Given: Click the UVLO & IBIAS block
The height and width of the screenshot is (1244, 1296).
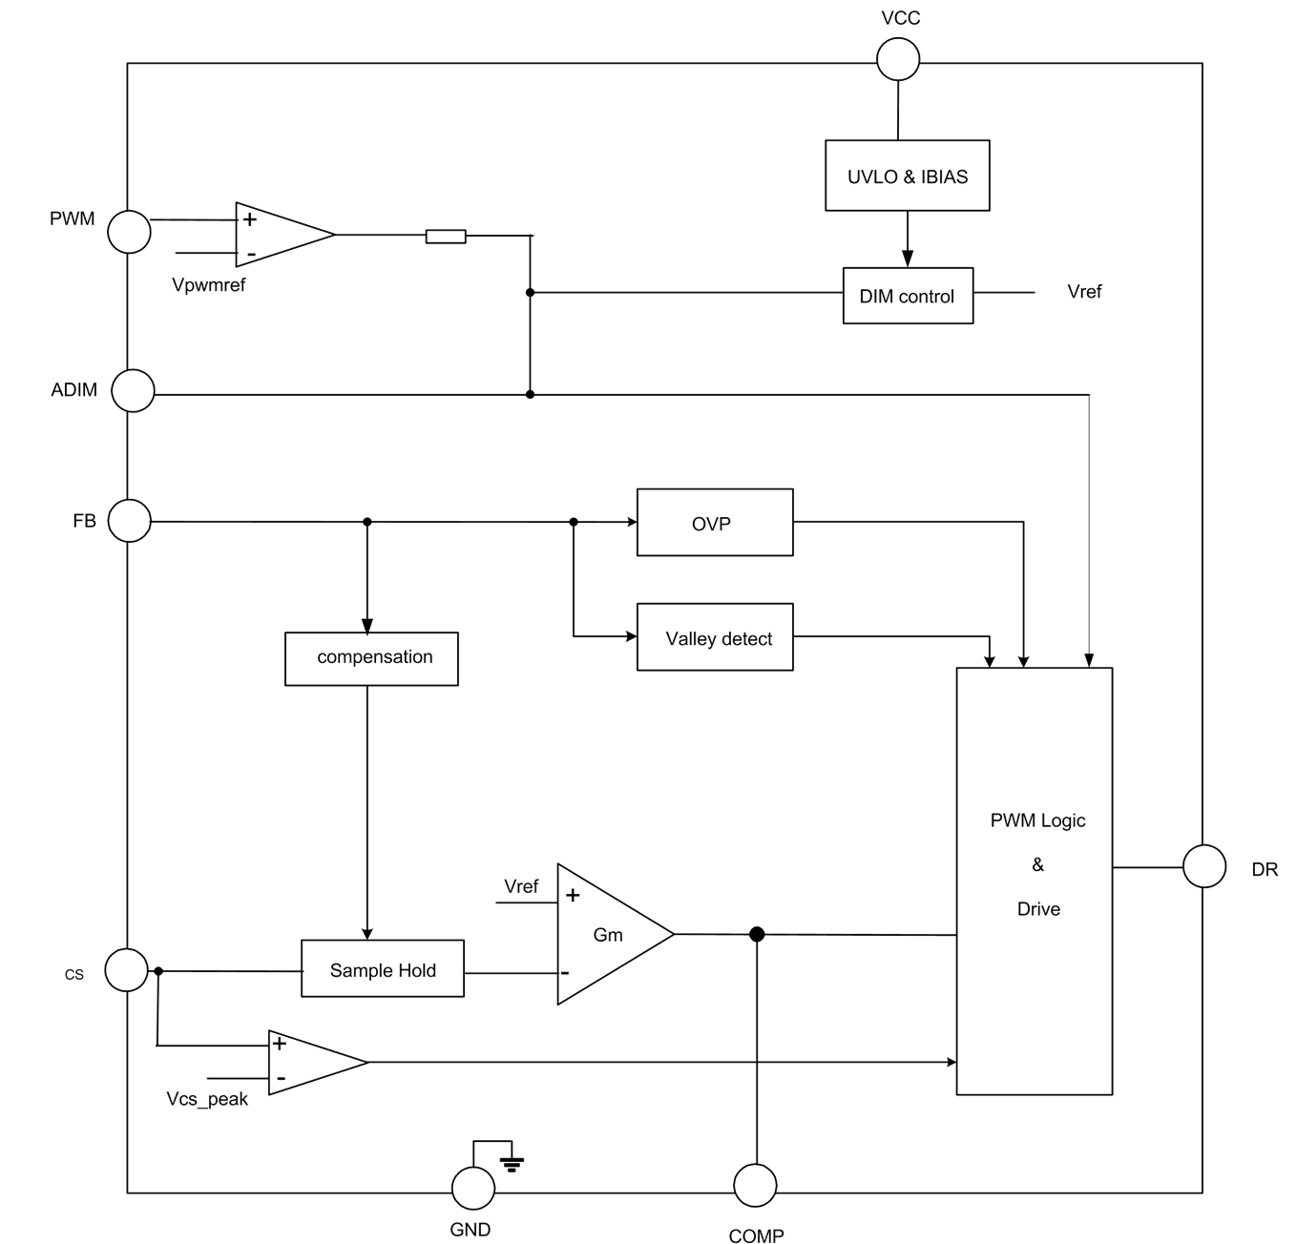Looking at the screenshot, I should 907,176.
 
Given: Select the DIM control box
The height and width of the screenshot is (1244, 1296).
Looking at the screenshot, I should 908,296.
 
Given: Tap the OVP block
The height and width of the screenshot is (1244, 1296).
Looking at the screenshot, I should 715,522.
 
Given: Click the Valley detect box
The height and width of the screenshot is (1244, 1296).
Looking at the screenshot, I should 715,637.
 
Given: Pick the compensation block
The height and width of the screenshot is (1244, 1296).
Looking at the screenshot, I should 371,658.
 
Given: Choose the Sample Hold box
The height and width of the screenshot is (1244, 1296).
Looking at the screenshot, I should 383,969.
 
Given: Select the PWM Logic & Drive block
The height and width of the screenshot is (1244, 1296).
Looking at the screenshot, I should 1034,880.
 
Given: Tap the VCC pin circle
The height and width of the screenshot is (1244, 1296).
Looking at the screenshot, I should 898,59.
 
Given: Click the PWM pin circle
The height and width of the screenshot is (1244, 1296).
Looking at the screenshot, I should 129,232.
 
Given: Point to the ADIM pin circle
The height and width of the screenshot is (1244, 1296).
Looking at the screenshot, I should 133,391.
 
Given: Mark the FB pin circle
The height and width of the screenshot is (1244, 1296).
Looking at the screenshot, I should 129,521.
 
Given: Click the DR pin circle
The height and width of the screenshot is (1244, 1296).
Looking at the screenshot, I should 1204,866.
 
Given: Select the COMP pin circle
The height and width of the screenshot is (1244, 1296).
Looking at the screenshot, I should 755,1186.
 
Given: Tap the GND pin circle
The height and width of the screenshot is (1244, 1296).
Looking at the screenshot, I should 472,1189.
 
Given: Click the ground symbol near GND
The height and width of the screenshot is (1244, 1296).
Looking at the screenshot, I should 512,1162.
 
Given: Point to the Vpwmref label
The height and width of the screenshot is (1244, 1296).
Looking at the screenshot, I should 209,284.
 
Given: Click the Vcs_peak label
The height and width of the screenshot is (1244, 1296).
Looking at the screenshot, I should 207,1099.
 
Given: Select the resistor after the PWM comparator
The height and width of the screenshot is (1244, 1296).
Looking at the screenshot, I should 446,236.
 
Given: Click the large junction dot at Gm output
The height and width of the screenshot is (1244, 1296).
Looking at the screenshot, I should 757,934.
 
